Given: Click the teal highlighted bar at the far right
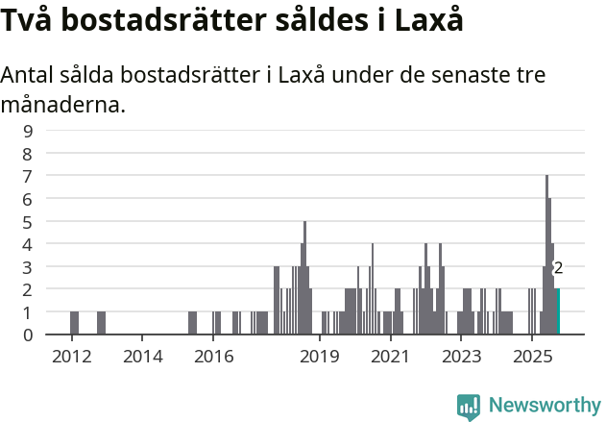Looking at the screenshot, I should (557, 311).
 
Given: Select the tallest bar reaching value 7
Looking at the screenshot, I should (546, 255).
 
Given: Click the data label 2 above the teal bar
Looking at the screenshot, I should (558, 269).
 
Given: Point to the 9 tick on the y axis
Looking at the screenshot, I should (28, 131).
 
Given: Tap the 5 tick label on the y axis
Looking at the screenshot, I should (28, 221).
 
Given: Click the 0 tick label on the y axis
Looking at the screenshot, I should (28, 335).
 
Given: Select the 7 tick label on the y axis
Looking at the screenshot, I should (28, 176).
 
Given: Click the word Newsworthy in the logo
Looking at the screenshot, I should (544, 406).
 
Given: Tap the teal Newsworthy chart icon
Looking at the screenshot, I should (469, 407).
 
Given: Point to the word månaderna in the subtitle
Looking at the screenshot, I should (63, 105).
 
